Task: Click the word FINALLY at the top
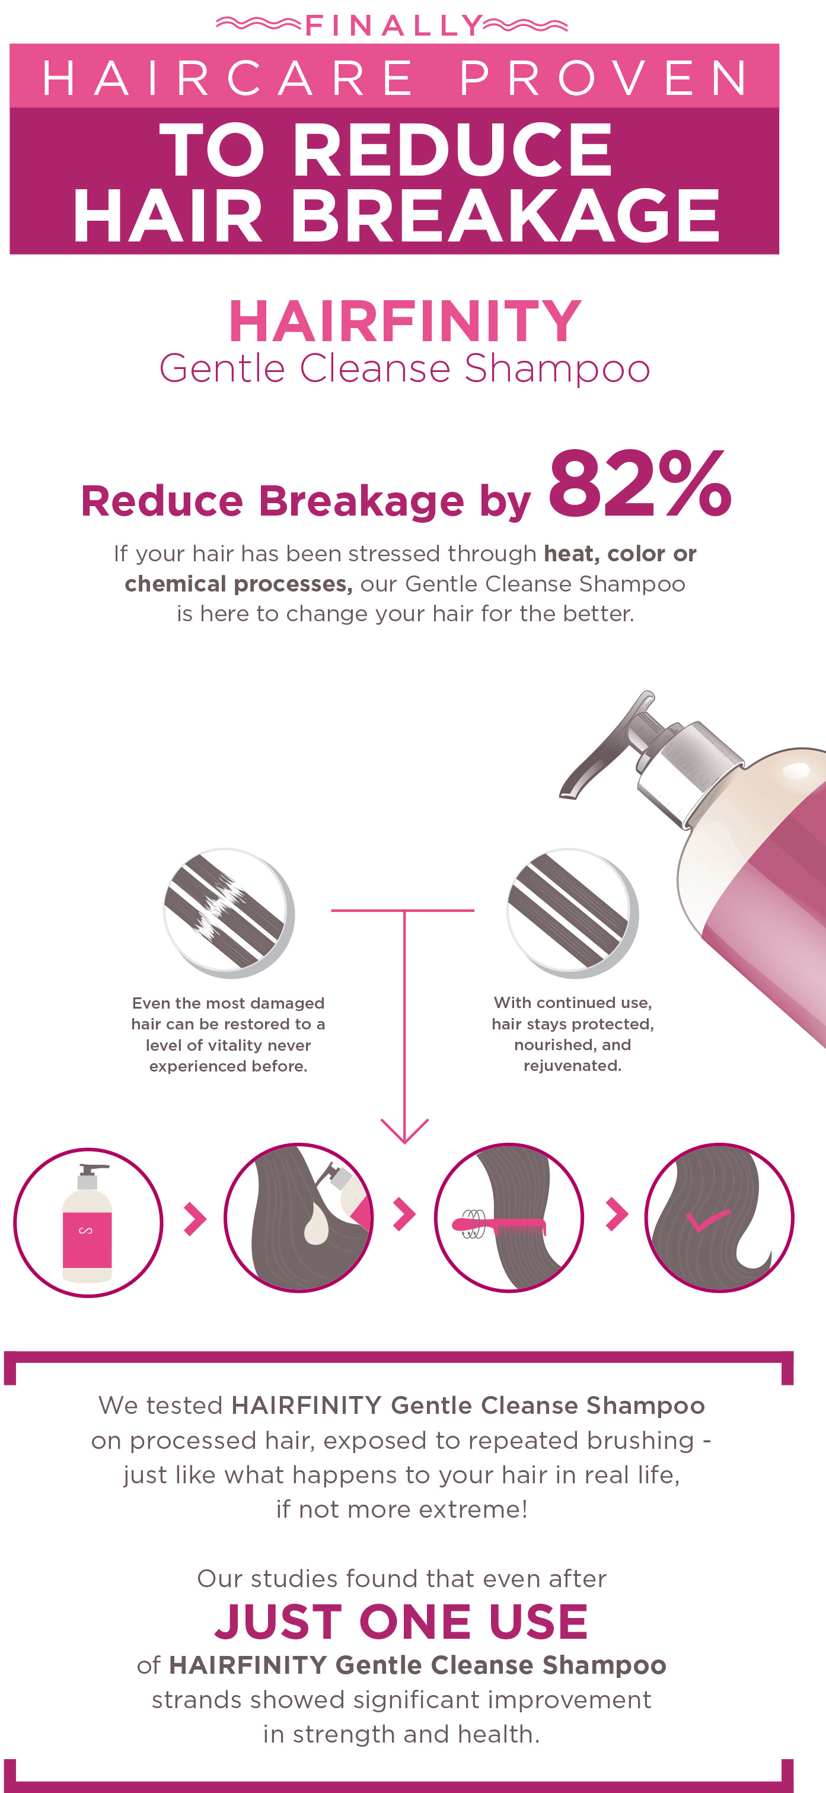click(393, 26)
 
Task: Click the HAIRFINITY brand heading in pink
click(404, 321)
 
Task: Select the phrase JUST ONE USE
click(401, 1621)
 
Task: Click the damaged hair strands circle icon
click(228, 912)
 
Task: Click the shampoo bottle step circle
click(88, 1222)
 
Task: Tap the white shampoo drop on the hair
click(317, 1223)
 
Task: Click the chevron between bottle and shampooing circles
click(195, 1218)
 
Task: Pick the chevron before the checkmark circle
click(617, 1215)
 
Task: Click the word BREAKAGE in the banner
click(504, 217)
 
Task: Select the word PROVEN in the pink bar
click(604, 77)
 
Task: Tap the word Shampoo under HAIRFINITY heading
click(557, 369)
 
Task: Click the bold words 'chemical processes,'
click(238, 583)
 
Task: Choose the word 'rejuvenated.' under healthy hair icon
click(572, 1066)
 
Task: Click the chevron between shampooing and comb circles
click(404, 1215)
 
